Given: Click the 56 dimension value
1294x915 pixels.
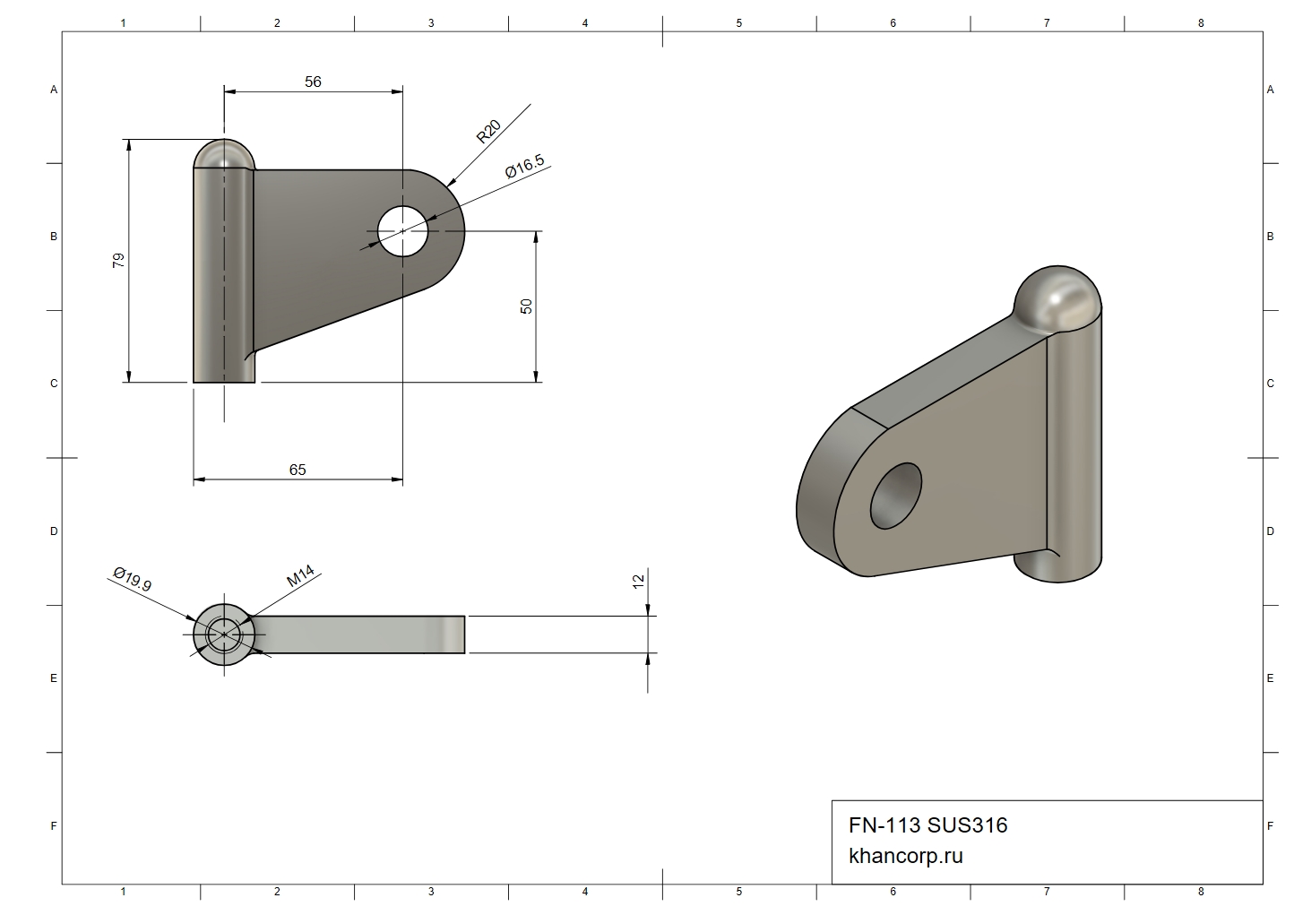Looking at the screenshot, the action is point(313,82).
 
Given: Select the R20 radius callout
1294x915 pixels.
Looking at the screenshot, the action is point(488,131).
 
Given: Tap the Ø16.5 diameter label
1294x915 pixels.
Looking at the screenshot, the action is point(524,167).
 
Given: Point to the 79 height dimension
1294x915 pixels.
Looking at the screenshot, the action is point(118,260).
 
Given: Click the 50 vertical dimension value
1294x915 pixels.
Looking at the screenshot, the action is point(526,306).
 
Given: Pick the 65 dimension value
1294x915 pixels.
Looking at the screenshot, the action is point(298,470).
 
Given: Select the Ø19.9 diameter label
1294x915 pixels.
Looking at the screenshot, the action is point(133,579).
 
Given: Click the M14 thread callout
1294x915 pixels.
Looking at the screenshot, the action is point(300,575).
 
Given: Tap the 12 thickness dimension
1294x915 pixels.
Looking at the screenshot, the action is point(638,582).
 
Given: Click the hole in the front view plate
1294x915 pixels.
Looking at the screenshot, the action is point(402,231).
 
